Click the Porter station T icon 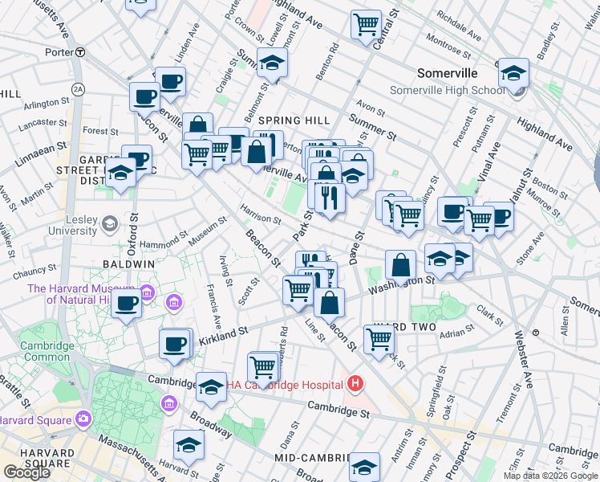[80, 52]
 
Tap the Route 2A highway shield [78, 88]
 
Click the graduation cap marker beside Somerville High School [513, 73]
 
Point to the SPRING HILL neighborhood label [294, 120]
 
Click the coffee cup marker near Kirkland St [174, 344]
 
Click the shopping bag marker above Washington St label [399, 264]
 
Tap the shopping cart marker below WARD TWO [379, 338]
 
